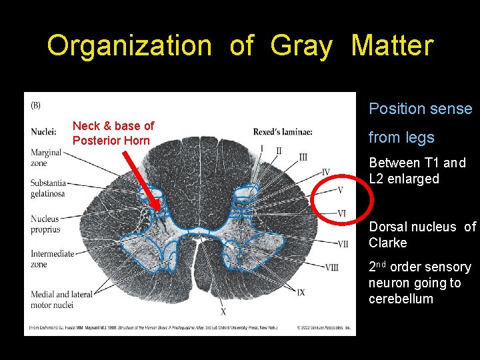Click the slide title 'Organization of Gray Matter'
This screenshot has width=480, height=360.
[x=240, y=46]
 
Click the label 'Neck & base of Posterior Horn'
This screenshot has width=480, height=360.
[x=113, y=133]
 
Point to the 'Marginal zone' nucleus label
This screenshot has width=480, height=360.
[x=45, y=158]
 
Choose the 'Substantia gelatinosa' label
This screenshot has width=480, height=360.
[x=48, y=188]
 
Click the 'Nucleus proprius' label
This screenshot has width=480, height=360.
[x=45, y=224]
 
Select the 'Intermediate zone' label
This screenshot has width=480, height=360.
[x=49, y=259]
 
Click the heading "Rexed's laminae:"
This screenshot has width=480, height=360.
[x=282, y=131]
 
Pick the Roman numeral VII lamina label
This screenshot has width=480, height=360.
[x=341, y=243]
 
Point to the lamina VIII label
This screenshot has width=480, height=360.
[x=331, y=267]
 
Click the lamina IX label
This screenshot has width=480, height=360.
[x=301, y=292]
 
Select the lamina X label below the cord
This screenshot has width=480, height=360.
[x=223, y=311]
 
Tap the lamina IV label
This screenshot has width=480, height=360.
[x=325, y=172]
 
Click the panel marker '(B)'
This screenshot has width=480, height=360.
[x=35, y=105]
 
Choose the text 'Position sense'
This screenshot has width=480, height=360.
[x=420, y=109]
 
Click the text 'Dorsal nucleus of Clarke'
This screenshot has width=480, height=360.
[x=422, y=235]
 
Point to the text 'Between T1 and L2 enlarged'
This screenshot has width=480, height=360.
[x=417, y=171]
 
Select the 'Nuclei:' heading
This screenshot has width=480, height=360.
[x=43, y=131]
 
